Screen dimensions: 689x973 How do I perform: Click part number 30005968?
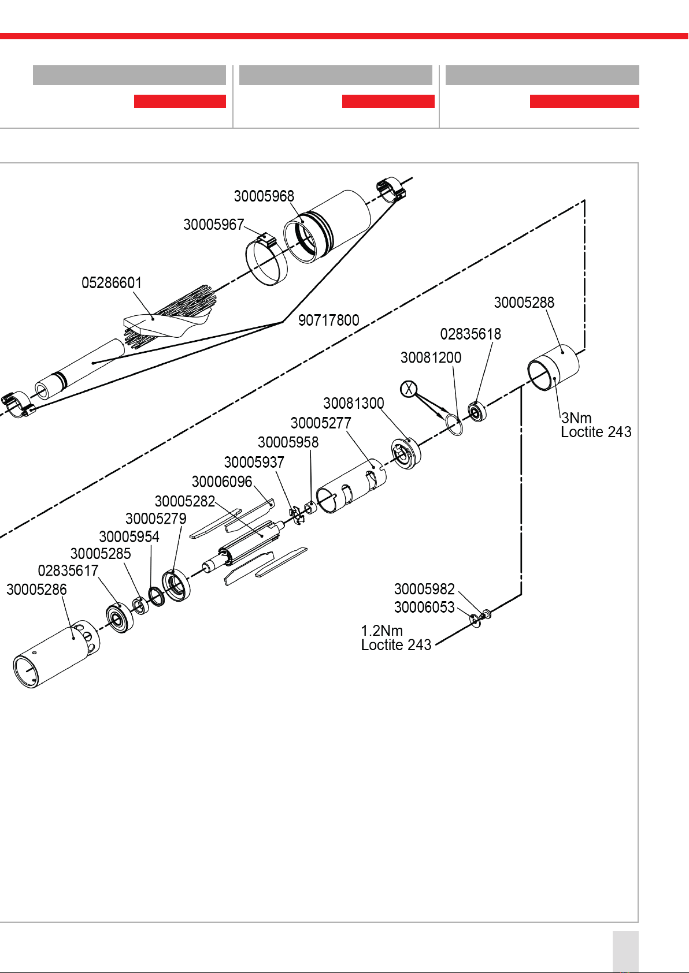tap(264, 196)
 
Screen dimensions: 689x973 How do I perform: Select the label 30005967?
tap(213, 225)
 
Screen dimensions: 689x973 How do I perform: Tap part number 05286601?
tap(112, 283)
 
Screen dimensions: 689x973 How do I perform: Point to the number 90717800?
tap(329, 320)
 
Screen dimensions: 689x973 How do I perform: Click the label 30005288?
tap(524, 303)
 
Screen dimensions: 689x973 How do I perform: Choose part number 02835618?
tap(471, 334)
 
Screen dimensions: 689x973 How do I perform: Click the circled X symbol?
tap(408, 389)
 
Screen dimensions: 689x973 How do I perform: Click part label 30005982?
tap(424, 589)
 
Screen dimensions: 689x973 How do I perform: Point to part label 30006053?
tap(424, 607)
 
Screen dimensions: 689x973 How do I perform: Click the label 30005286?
tap(36, 590)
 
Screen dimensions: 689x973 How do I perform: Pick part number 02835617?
tap(68, 571)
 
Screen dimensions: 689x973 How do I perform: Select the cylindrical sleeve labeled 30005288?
tap(553, 367)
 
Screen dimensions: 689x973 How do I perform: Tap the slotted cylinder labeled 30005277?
tap(351, 486)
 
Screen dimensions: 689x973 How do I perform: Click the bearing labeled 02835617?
tap(120, 618)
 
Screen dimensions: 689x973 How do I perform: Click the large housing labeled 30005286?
tap(57, 654)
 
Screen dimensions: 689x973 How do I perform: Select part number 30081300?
tap(353, 403)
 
